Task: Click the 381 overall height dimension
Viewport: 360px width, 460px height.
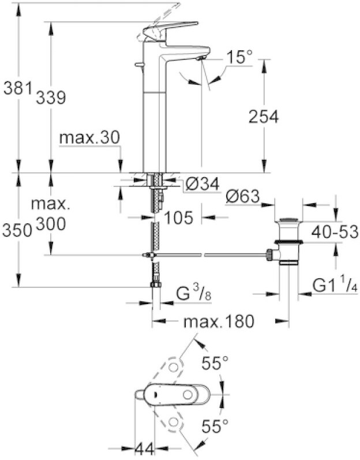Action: coord(15,89)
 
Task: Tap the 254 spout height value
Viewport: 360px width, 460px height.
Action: coord(263,117)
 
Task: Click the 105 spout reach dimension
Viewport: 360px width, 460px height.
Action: coord(179,218)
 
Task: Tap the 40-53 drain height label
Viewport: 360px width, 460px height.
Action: coord(331,231)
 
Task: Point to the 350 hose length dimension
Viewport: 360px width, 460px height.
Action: coord(16,230)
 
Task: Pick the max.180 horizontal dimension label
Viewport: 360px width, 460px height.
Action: coord(219,321)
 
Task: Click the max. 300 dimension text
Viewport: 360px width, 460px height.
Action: coord(51,213)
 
